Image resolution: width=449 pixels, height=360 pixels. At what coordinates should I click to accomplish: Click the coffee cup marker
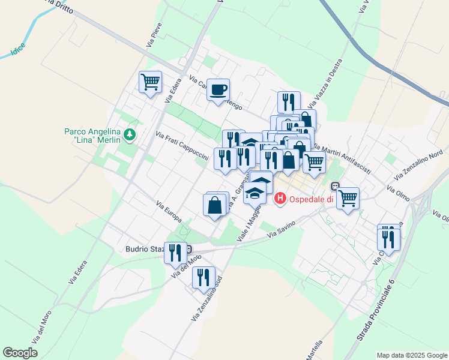point(218,90)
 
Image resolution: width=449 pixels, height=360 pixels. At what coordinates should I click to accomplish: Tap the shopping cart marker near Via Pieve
point(150,82)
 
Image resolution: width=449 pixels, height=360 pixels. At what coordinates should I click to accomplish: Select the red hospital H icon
point(279,199)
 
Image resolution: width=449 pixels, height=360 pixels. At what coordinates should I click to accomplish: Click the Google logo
point(20,353)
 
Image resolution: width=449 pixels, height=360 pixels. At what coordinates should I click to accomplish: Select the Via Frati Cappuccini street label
point(182,146)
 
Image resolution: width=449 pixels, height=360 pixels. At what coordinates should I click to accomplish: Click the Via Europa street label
point(169,211)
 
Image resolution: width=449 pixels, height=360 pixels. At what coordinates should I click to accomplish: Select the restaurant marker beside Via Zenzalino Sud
point(203,277)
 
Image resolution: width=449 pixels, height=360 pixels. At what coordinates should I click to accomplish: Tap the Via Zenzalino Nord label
point(418,167)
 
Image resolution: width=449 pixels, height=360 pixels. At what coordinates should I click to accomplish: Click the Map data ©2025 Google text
point(412,355)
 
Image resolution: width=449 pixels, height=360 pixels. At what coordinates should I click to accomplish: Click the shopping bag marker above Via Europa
point(215,205)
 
